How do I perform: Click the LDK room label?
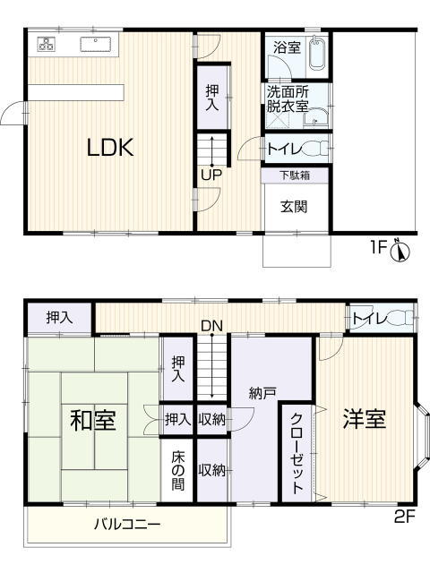(110, 148)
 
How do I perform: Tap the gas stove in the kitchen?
(47, 44)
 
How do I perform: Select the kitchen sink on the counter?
(96, 44)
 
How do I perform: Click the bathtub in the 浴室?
(317, 54)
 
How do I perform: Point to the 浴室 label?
(288, 47)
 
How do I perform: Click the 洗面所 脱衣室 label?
(288, 98)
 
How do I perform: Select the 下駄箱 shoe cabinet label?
(295, 175)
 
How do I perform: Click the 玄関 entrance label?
(294, 207)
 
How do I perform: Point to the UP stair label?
(211, 175)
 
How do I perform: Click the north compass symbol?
(400, 252)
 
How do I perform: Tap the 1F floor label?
(379, 248)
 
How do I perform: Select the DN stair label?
(211, 326)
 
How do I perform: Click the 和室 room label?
(93, 420)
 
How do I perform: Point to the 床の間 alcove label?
(178, 472)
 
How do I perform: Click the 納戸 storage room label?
(262, 393)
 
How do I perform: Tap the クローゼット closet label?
(297, 453)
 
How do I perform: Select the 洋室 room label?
(365, 419)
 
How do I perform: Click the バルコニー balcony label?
(127, 525)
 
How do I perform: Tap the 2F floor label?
(404, 517)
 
